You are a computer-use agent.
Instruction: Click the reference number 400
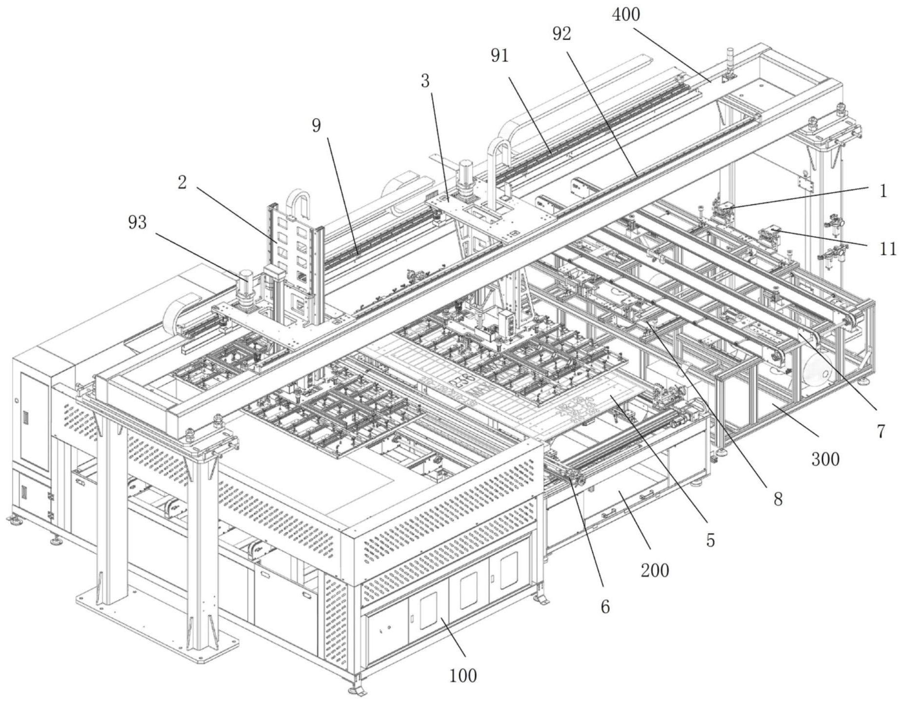point(626,15)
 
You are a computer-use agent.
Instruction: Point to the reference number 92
point(562,34)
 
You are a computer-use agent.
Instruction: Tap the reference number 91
point(500,56)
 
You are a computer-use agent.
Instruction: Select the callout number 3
point(425,81)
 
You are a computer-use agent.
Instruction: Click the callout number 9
point(317,125)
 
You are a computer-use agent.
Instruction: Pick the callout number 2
point(182,182)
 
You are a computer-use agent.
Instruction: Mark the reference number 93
point(137,222)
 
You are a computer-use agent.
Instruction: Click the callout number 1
point(883,191)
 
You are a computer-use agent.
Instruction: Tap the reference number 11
point(888,249)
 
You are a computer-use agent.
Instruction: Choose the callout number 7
point(881,431)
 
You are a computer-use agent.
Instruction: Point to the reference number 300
point(825,459)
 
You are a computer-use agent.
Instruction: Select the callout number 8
point(778,499)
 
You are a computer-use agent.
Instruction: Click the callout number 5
point(710,540)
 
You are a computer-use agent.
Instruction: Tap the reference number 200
point(655,570)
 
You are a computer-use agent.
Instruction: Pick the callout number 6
point(605,606)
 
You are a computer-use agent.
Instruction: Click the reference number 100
point(462,676)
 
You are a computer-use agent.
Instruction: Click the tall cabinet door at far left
point(34,422)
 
